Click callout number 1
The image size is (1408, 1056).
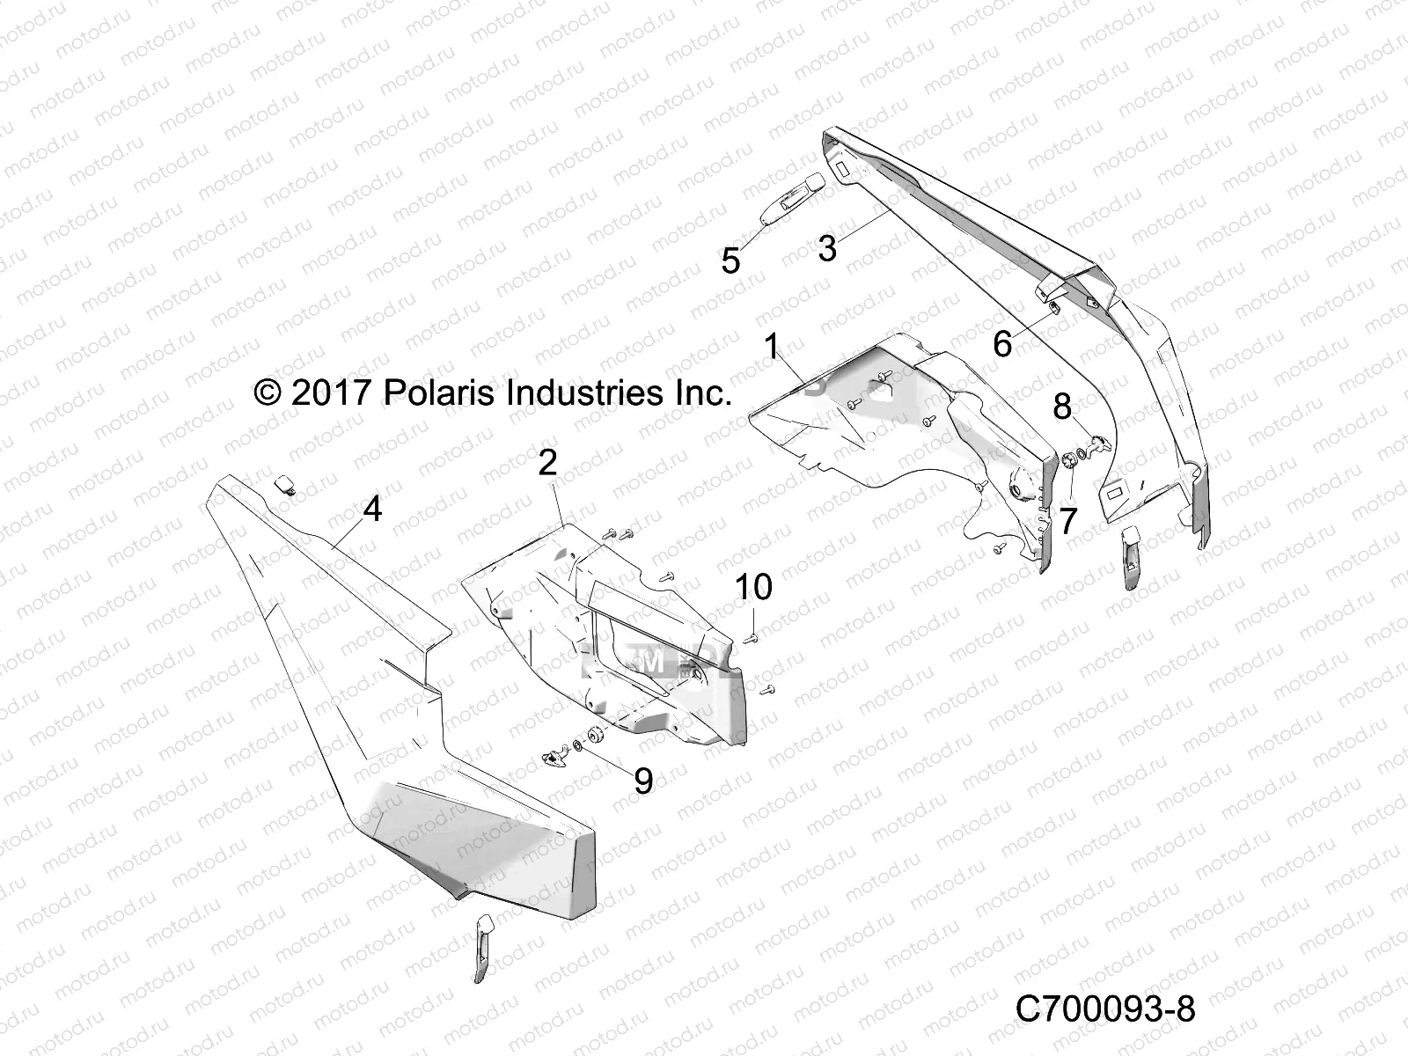coord(772,348)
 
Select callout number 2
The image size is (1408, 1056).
coord(547,463)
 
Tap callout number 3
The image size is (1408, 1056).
coord(826,249)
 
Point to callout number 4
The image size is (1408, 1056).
coord(372,509)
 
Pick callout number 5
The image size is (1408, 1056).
coord(730,261)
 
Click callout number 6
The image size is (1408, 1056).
coord(1002,344)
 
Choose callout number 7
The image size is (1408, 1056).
coord(1067,521)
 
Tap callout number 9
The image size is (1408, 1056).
coord(643,780)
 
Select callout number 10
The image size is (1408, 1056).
coord(754,586)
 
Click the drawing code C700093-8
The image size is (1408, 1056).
coord(1104,1009)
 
